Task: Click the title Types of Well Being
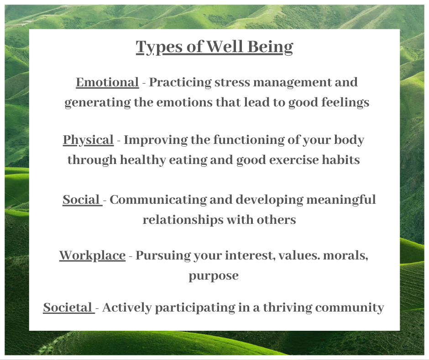[214, 47]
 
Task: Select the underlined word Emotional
[107, 82]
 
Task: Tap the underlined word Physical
[88, 140]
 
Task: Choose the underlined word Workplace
[92, 255]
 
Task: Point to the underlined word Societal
[68, 307]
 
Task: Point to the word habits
[342, 160]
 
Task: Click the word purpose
[214, 276]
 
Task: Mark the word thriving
[282, 307]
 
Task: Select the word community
[350, 307]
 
